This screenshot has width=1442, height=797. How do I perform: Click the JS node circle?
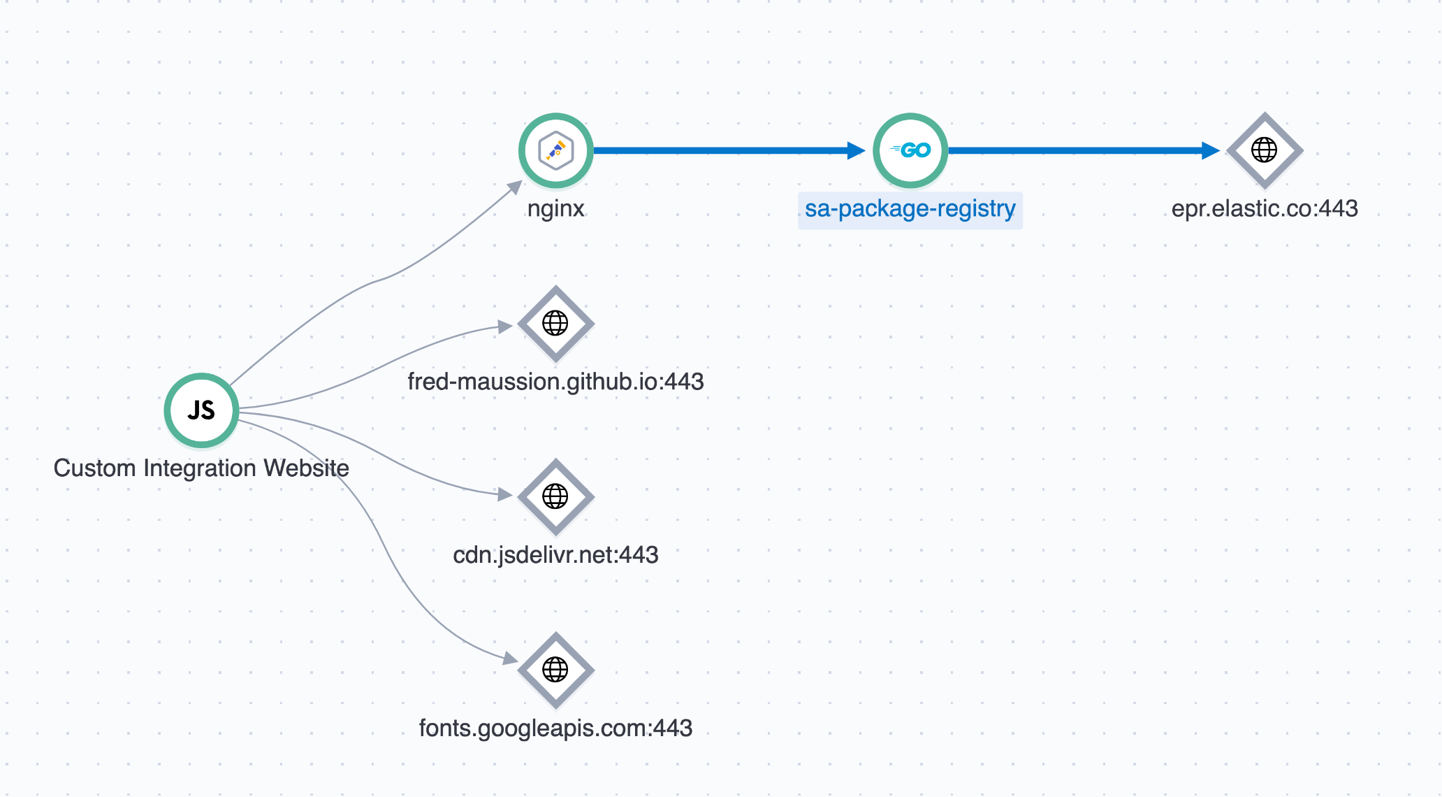(201, 410)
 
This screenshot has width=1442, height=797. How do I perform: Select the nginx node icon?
(556, 150)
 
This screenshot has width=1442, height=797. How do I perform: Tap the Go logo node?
(910, 150)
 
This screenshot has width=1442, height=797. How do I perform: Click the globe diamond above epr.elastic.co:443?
(1265, 150)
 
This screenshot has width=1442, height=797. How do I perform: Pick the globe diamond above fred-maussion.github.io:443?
(555, 324)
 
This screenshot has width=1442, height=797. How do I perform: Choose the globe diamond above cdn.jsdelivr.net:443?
(555, 497)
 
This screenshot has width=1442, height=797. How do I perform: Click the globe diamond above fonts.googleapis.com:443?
(555, 670)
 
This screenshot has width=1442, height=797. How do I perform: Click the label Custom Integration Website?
(201, 468)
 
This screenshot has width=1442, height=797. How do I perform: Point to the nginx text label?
(556, 208)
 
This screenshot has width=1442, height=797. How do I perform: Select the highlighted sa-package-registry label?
(910, 209)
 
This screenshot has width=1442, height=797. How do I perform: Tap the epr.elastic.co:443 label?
(1265, 208)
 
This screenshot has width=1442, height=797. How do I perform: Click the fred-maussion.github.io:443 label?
(555, 382)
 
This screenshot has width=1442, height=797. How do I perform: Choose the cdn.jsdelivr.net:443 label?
(555, 555)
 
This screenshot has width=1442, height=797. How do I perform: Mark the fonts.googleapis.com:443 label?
(555, 728)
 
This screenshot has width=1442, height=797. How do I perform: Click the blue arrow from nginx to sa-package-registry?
(729, 150)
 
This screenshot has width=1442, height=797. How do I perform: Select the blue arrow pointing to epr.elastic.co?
(1084, 150)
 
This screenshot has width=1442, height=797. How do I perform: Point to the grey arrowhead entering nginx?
(516, 187)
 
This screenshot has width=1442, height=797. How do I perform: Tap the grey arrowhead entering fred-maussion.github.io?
(505, 326)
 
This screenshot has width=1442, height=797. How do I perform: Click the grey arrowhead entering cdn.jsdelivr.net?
(505, 494)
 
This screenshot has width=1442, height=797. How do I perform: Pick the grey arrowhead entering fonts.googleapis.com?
(511, 658)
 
